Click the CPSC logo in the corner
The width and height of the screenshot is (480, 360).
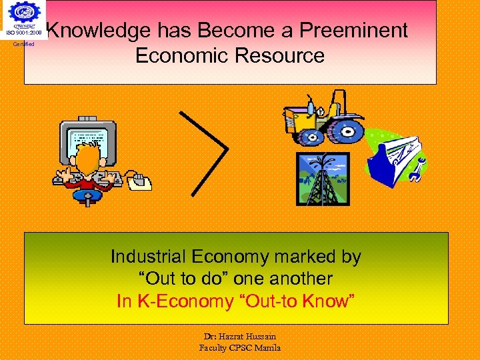25,15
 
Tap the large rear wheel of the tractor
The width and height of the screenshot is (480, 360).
346,126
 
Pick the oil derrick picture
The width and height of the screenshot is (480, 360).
323,179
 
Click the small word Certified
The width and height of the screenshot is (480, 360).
24,44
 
